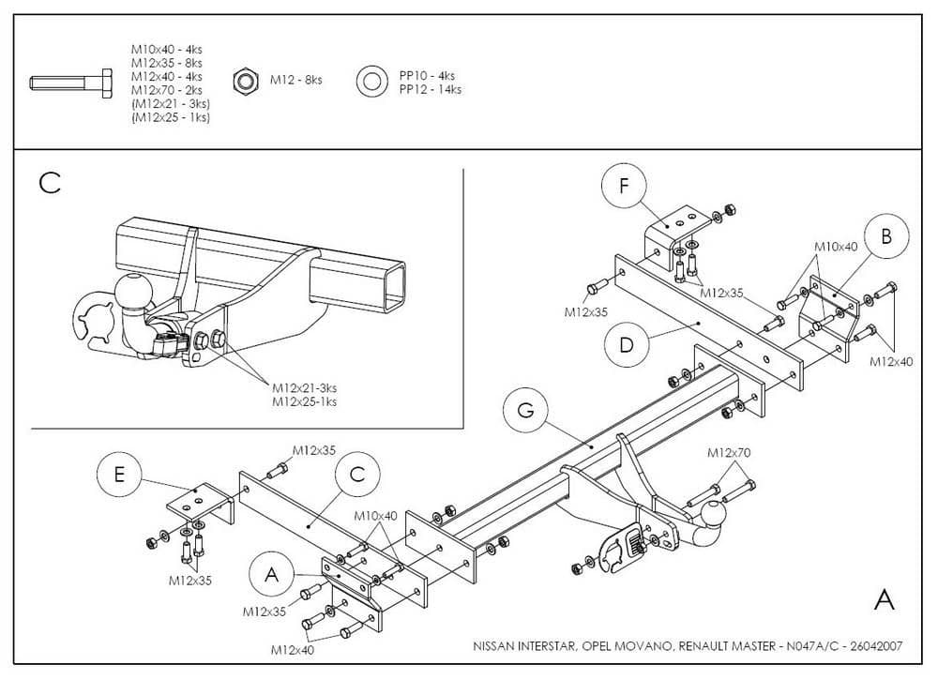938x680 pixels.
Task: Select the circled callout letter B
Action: pyautogui.click(x=885, y=236)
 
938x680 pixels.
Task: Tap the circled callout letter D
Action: pyautogui.click(x=626, y=344)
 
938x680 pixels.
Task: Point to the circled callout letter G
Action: pyautogui.click(x=525, y=411)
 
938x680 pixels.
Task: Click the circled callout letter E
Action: pyautogui.click(x=119, y=475)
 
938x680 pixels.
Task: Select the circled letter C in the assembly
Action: pyautogui.click(x=356, y=475)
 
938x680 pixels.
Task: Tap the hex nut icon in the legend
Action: pyautogui.click(x=246, y=82)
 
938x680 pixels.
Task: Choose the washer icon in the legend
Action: pyautogui.click(x=371, y=82)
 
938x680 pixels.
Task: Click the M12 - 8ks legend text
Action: pyautogui.click(x=295, y=82)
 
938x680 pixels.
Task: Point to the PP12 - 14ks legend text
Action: pyautogui.click(x=430, y=90)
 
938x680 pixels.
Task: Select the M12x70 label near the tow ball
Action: pyautogui.click(x=729, y=453)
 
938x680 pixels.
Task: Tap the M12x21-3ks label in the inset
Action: pyautogui.click(x=305, y=387)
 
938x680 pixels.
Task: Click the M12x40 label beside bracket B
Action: pyautogui.click(x=891, y=360)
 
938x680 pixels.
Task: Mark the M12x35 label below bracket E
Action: pyautogui.click(x=190, y=580)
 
